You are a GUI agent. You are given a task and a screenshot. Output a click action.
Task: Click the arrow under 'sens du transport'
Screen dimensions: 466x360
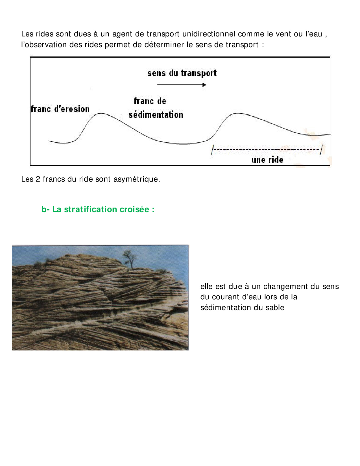(x=181, y=85)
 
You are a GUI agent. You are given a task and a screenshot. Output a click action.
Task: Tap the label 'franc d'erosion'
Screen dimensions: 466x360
(x=60, y=109)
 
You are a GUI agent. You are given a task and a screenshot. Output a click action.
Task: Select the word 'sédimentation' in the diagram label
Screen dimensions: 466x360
(x=156, y=115)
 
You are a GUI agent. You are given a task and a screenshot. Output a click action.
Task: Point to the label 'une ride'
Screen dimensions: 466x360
(x=267, y=160)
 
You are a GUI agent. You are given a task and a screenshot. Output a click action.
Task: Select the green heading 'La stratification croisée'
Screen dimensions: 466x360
(x=103, y=209)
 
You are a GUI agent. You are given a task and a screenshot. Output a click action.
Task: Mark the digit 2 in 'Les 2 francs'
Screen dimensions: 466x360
(x=38, y=179)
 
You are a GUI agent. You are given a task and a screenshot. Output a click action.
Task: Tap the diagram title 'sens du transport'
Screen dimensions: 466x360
(x=182, y=73)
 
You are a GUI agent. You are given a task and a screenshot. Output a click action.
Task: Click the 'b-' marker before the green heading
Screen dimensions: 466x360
(x=45, y=209)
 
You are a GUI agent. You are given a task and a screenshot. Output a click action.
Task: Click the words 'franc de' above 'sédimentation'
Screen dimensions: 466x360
(x=150, y=101)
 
